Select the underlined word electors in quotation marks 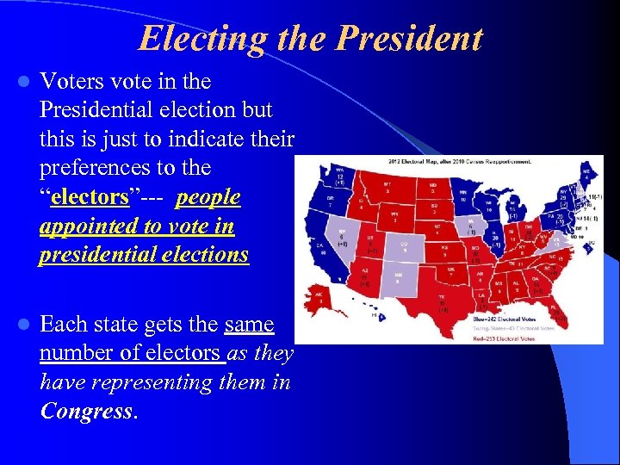[89, 196]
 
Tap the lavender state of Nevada [346, 233]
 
